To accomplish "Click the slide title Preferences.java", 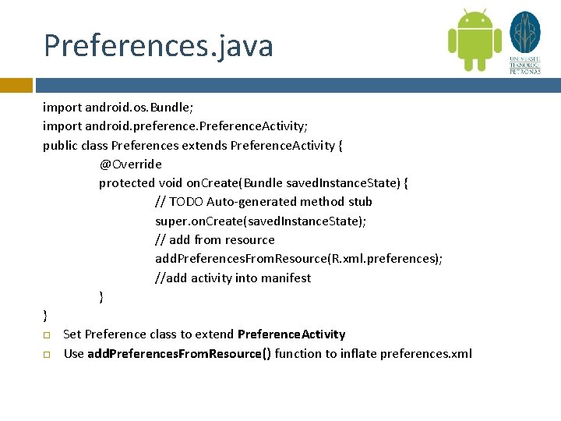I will pos(158,45).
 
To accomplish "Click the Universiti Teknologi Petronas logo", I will pos(524,42).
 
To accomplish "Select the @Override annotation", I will pos(130,164).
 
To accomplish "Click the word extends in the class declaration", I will pos(204,145).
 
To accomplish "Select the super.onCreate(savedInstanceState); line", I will pos(260,221).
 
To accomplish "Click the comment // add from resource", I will pos(214,239).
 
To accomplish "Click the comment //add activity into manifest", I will pos(232,278).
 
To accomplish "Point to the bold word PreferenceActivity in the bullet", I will pos(291,334).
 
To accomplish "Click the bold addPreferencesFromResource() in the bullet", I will pos(179,354).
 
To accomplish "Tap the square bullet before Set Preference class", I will pos(47,335).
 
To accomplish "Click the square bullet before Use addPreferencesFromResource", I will pos(47,355).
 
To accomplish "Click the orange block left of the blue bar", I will pos(16,85).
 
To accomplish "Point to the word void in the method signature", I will pos(171,182).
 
